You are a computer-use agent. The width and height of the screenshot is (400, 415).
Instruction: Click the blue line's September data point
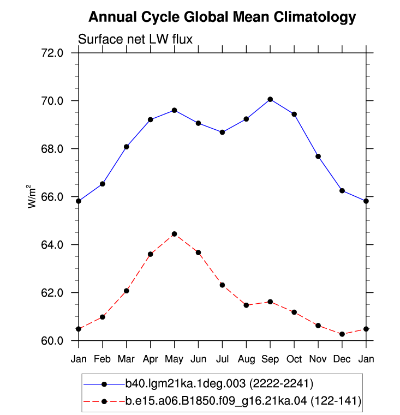(x=270, y=99)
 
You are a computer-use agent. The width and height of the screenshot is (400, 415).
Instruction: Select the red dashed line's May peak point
(x=174, y=234)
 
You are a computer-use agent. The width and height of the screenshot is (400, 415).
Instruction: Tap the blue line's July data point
(x=222, y=132)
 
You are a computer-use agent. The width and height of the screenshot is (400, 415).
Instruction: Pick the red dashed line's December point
(x=342, y=334)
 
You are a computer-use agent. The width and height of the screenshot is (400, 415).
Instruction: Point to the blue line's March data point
(x=127, y=147)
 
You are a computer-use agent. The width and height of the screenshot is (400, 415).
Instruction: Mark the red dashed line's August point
(x=246, y=305)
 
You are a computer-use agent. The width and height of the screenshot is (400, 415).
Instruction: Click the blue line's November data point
(x=318, y=157)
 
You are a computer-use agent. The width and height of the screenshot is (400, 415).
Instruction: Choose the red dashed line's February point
(x=103, y=317)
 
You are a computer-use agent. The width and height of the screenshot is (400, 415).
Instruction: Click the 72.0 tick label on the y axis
(x=52, y=53)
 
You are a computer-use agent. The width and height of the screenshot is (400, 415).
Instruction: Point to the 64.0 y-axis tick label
(x=52, y=245)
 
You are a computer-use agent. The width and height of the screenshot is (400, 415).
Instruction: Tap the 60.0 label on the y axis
(x=52, y=341)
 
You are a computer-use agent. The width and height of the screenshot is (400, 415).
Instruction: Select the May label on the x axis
(x=174, y=359)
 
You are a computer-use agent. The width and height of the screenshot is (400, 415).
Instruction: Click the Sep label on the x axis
(x=270, y=359)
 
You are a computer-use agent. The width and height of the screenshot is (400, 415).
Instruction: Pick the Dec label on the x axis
(x=342, y=359)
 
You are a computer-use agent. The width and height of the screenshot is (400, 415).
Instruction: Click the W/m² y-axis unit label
(x=31, y=196)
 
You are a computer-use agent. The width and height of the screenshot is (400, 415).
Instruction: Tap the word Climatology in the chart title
(x=315, y=17)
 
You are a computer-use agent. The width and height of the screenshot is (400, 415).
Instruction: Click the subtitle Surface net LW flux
(x=135, y=39)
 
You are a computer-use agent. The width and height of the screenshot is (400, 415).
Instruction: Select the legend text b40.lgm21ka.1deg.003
(x=186, y=383)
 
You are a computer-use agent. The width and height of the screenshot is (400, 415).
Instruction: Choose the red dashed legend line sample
(x=104, y=401)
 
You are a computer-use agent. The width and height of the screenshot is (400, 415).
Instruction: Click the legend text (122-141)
(x=336, y=401)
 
